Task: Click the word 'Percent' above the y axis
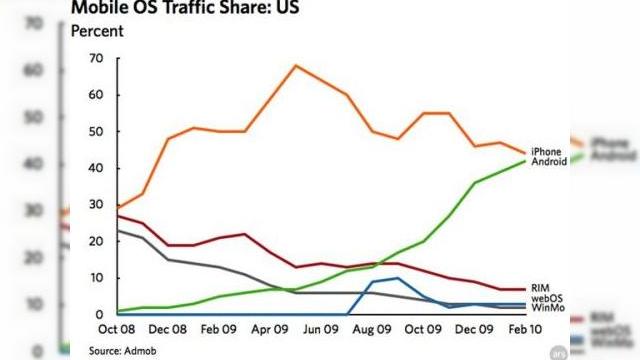tap(97, 31)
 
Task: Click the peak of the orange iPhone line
tap(296, 66)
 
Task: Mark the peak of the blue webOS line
tap(398, 278)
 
